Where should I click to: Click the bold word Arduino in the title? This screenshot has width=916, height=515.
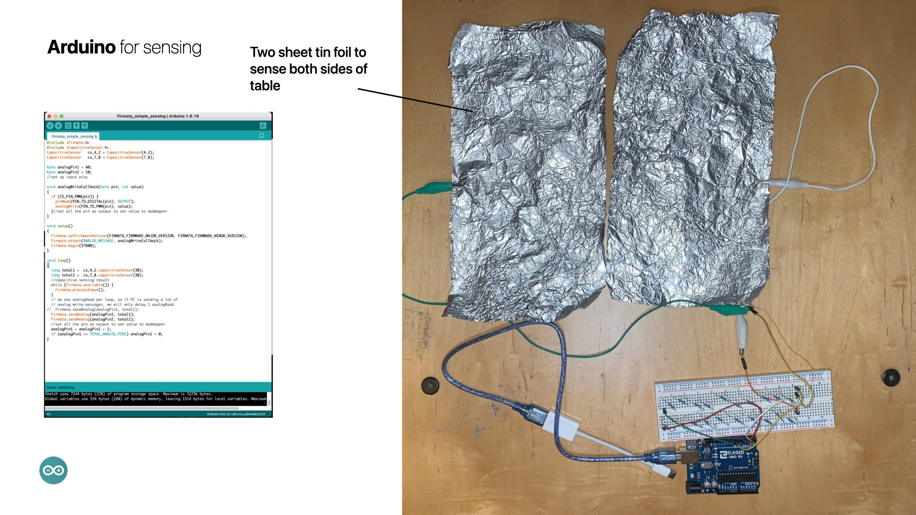click(81, 47)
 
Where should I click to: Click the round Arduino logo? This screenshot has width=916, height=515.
click(53, 471)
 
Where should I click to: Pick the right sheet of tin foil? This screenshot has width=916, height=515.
click(692, 157)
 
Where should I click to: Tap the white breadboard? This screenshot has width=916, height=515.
click(744, 405)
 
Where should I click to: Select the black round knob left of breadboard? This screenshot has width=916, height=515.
click(430, 385)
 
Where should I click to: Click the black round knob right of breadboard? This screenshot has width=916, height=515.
click(891, 377)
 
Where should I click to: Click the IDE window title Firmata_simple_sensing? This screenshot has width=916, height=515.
click(157, 116)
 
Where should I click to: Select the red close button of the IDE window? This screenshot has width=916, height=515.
click(49, 116)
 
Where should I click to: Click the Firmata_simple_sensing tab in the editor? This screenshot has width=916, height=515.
click(73, 136)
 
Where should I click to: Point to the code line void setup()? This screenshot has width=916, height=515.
click(60, 226)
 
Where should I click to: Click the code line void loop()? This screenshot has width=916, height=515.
click(59, 260)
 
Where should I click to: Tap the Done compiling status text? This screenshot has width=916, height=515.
click(61, 387)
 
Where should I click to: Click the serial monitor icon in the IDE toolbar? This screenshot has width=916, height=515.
click(262, 126)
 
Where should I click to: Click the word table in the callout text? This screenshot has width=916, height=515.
click(265, 86)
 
